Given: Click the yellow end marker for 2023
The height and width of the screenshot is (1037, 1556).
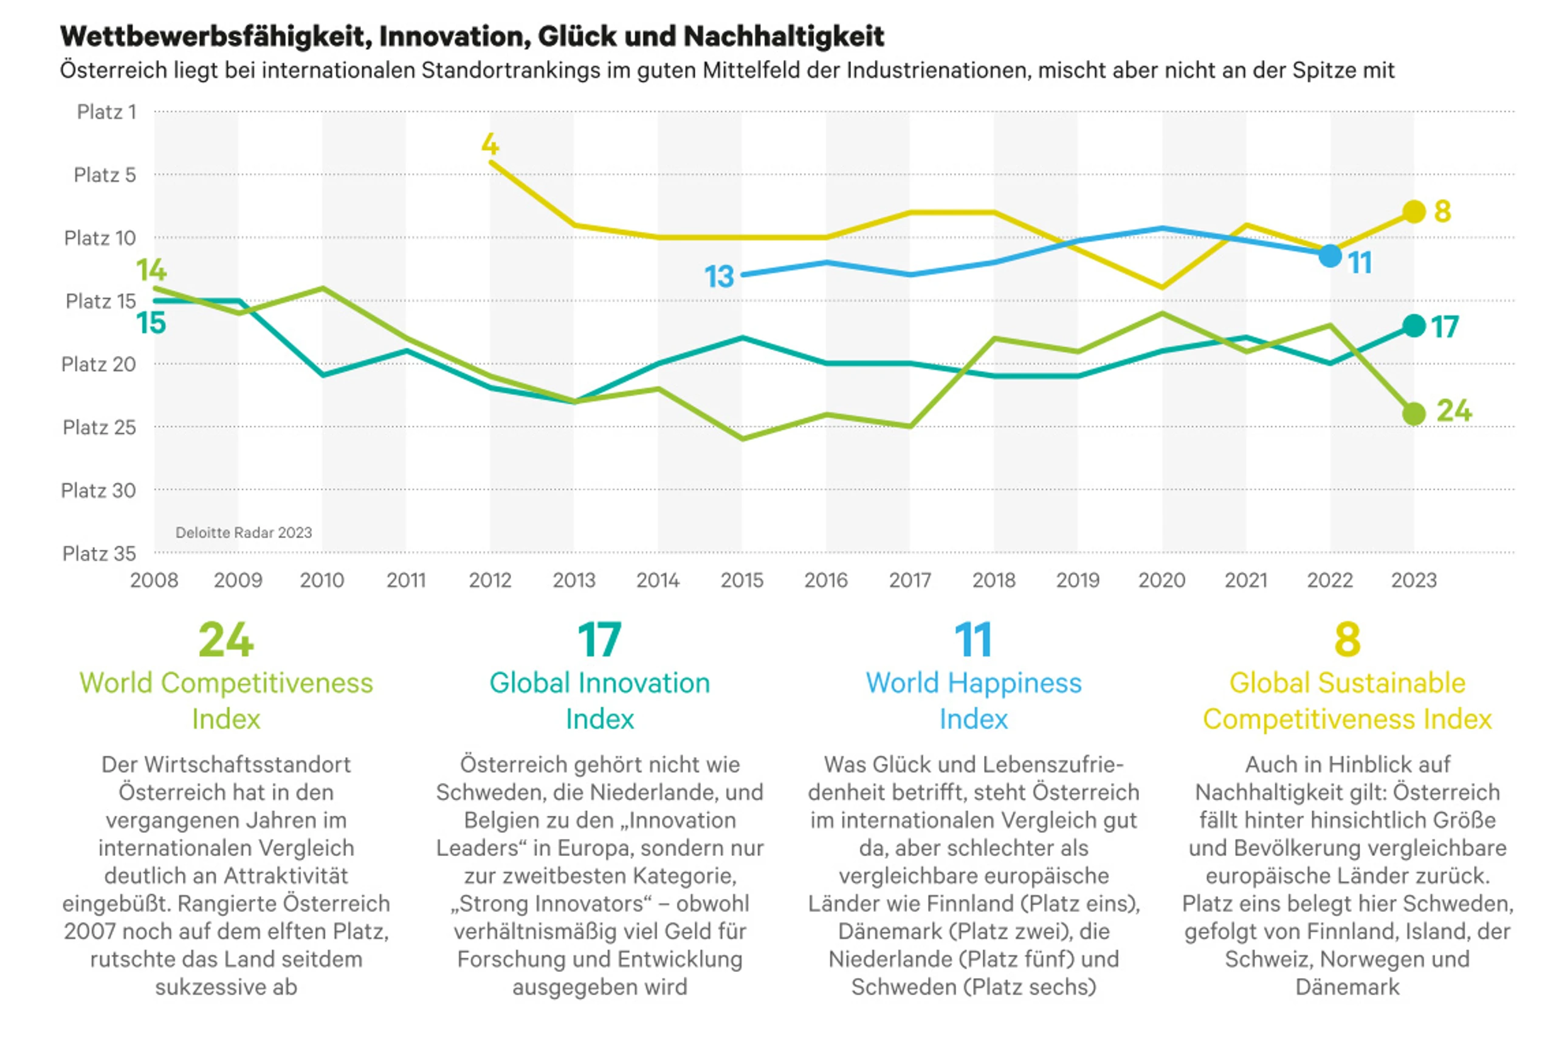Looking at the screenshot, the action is click(1414, 211).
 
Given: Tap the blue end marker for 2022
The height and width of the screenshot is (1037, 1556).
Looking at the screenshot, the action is click(1330, 255).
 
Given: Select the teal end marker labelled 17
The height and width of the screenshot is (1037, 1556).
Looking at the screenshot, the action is click(1414, 326).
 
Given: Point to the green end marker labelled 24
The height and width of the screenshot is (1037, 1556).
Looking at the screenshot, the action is click(1414, 414).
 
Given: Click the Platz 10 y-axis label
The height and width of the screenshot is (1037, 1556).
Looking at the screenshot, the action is click(100, 238).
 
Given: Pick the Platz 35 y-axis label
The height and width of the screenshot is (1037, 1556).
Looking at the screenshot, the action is click(99, 553).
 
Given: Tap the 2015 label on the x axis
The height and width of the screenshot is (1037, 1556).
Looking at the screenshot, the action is click(742, 580).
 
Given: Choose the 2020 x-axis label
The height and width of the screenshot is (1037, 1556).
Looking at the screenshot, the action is click(1162, 580).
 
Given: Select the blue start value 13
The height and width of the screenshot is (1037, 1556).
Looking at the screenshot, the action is click(719, 276).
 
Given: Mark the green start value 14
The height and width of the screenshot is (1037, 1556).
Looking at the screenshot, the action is click(151, 270).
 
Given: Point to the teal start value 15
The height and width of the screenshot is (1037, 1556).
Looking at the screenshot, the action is click(151, 323).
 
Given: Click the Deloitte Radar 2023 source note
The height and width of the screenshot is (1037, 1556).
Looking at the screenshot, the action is click(244, 532).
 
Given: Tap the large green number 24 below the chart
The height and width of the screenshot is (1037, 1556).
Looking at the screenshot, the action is click(225, 640).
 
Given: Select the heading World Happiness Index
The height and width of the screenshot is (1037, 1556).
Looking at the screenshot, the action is click(974, 701).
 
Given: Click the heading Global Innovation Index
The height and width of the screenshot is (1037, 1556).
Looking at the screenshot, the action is click(599, 701).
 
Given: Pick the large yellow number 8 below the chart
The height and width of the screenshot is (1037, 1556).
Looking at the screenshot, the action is click(1348, 640).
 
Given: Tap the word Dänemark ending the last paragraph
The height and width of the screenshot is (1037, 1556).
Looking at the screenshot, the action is click(1348, 987).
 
